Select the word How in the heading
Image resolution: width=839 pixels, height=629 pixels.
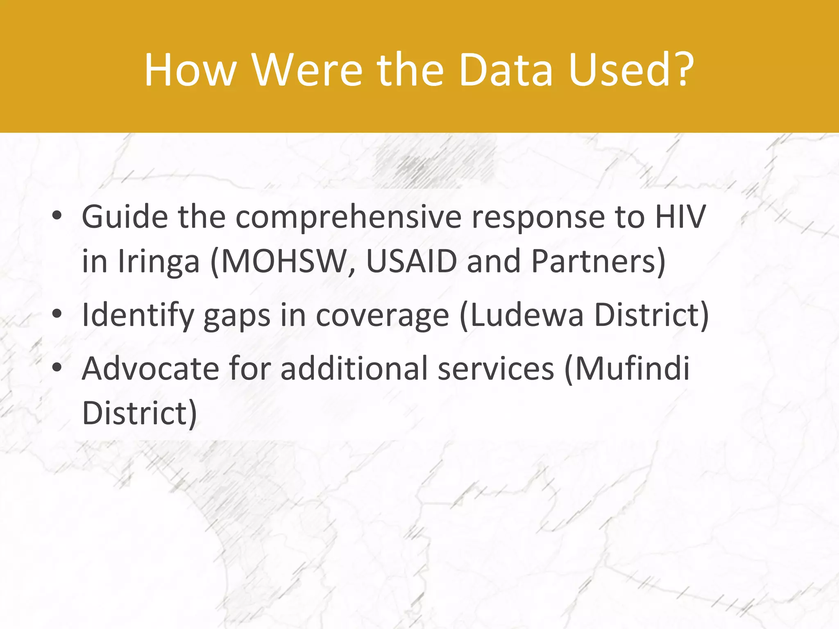click(x=190, y=70)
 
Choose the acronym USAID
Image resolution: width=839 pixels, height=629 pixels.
click(x=411, y=261)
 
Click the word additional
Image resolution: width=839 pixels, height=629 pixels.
click(x=354, y=368)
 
